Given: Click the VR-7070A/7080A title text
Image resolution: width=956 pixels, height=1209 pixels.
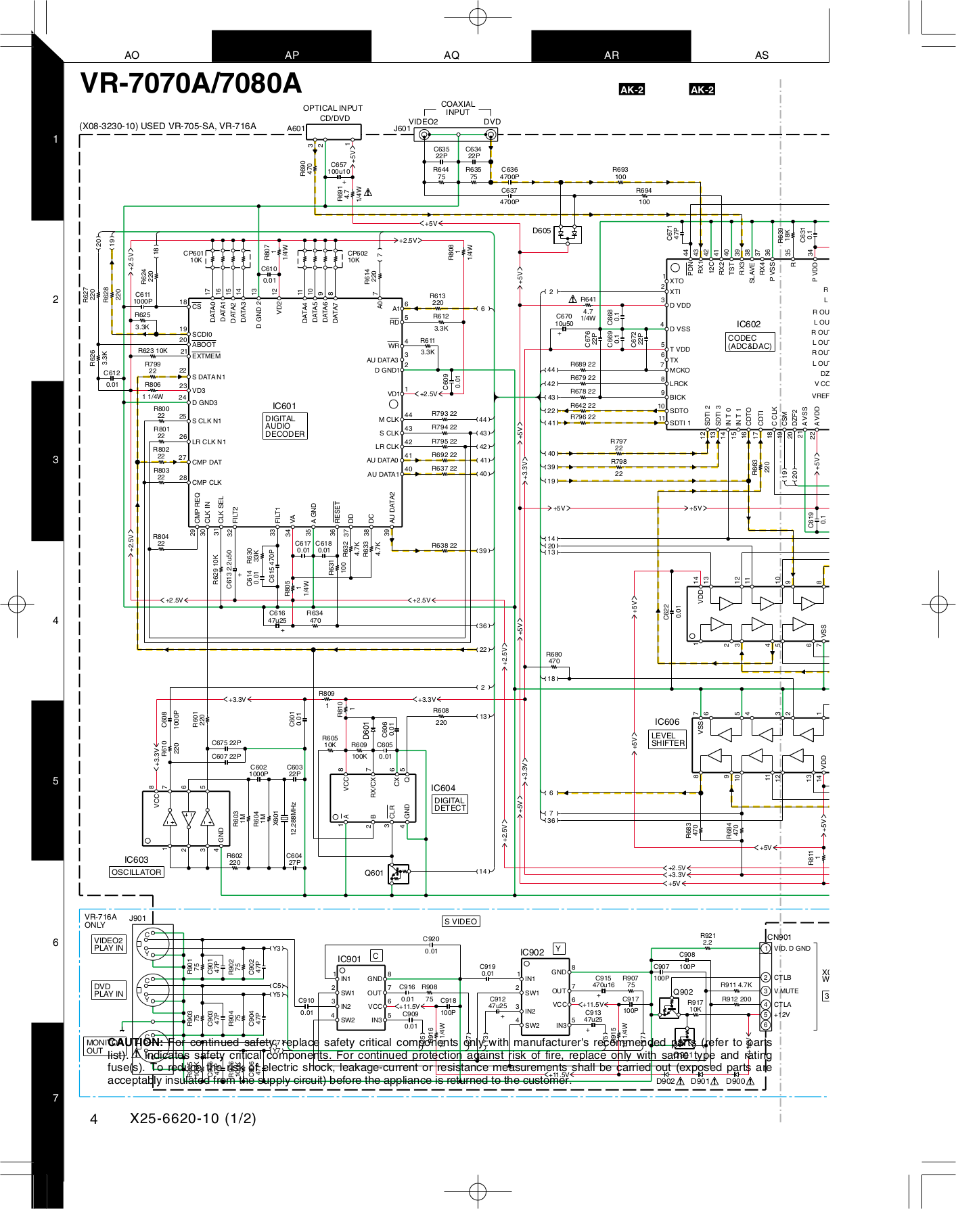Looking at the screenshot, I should coord(191,83).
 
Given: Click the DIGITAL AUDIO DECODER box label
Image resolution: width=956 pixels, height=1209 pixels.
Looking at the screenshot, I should coord(285,427).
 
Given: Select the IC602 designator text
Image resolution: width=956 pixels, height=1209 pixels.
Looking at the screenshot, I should coord(748,325).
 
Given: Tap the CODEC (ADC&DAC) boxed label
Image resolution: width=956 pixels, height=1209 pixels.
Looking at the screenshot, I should coord(749,342).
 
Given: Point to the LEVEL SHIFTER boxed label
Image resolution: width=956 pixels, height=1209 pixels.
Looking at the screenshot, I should coord(668,739).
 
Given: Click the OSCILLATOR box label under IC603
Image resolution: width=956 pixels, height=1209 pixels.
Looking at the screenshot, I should coord(137,872).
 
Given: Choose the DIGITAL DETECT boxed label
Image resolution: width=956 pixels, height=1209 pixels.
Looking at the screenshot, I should coord(450,804).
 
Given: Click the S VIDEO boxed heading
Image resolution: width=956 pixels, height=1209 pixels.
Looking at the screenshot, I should coord(461,922).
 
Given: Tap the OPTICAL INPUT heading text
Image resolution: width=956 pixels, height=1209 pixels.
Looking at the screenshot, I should coord(332,108).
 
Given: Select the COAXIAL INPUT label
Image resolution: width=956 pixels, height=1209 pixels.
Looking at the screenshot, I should coord(458,108).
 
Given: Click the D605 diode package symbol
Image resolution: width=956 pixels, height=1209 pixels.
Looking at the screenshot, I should coord(567,235).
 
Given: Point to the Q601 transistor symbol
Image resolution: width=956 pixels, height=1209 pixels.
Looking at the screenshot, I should coord(399,874).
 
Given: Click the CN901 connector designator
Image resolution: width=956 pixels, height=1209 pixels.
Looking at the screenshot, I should coord(779,937).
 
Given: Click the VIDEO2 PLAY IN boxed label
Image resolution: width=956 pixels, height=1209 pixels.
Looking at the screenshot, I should coord(109,944).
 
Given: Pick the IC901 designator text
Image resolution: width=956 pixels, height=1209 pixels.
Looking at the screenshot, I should coord(349,959).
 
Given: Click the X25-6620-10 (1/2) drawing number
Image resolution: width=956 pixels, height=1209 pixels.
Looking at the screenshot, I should coord(193,1118).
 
